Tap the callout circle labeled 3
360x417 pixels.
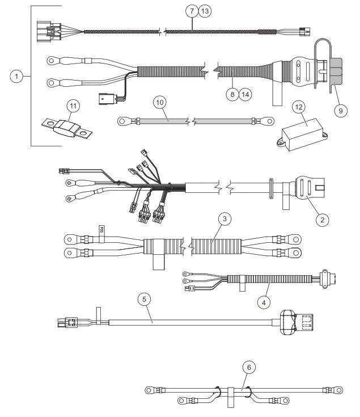tap(225, 218)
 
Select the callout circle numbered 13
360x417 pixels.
tap(204, 11)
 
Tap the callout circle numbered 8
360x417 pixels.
tap(231, 94)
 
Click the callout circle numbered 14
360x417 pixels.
tap(243, 94)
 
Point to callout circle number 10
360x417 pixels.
tap(160, 103)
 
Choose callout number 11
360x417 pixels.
tap(73, 105)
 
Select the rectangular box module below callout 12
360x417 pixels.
tap(302, 134)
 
